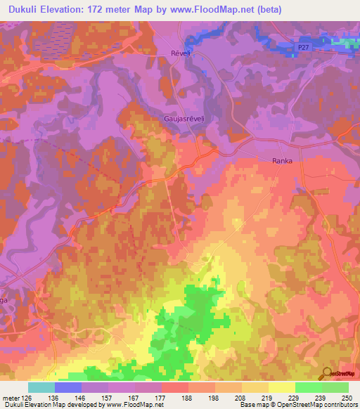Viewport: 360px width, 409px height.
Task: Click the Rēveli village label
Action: click(181, 53)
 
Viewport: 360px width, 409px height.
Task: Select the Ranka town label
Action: click(282, 161)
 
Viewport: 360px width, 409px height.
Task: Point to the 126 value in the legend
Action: click(28, 398)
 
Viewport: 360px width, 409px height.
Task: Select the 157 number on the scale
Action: click(108, 398)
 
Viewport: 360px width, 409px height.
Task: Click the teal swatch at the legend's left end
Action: click(41, 387)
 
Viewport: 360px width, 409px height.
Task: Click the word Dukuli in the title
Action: click(22, 9)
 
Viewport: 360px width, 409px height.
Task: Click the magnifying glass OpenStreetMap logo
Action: click(326, 374)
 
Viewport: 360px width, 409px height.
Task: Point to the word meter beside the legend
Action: click(10, 398)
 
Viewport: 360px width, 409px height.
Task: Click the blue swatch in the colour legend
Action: click(68, 387)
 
